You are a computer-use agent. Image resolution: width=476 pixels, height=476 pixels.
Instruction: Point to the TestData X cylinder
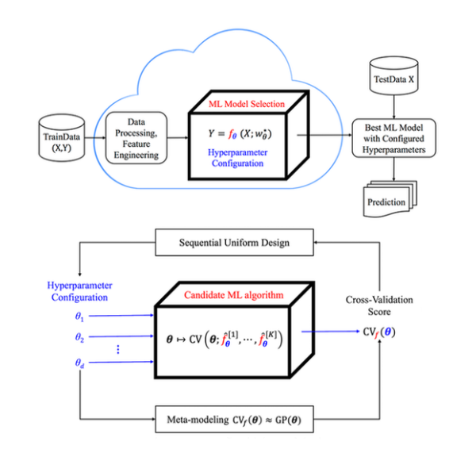[x=394, y=78]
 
